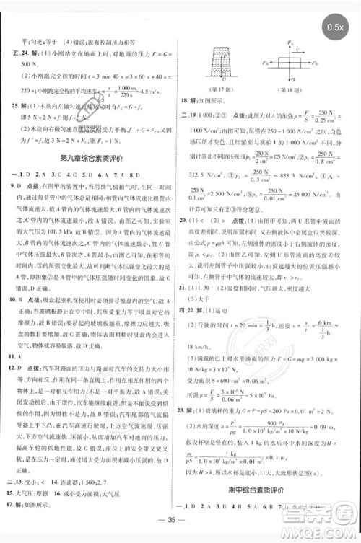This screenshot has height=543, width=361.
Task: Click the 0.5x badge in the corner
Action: [334, 27]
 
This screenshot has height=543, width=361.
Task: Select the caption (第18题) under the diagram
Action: [287, 89]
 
